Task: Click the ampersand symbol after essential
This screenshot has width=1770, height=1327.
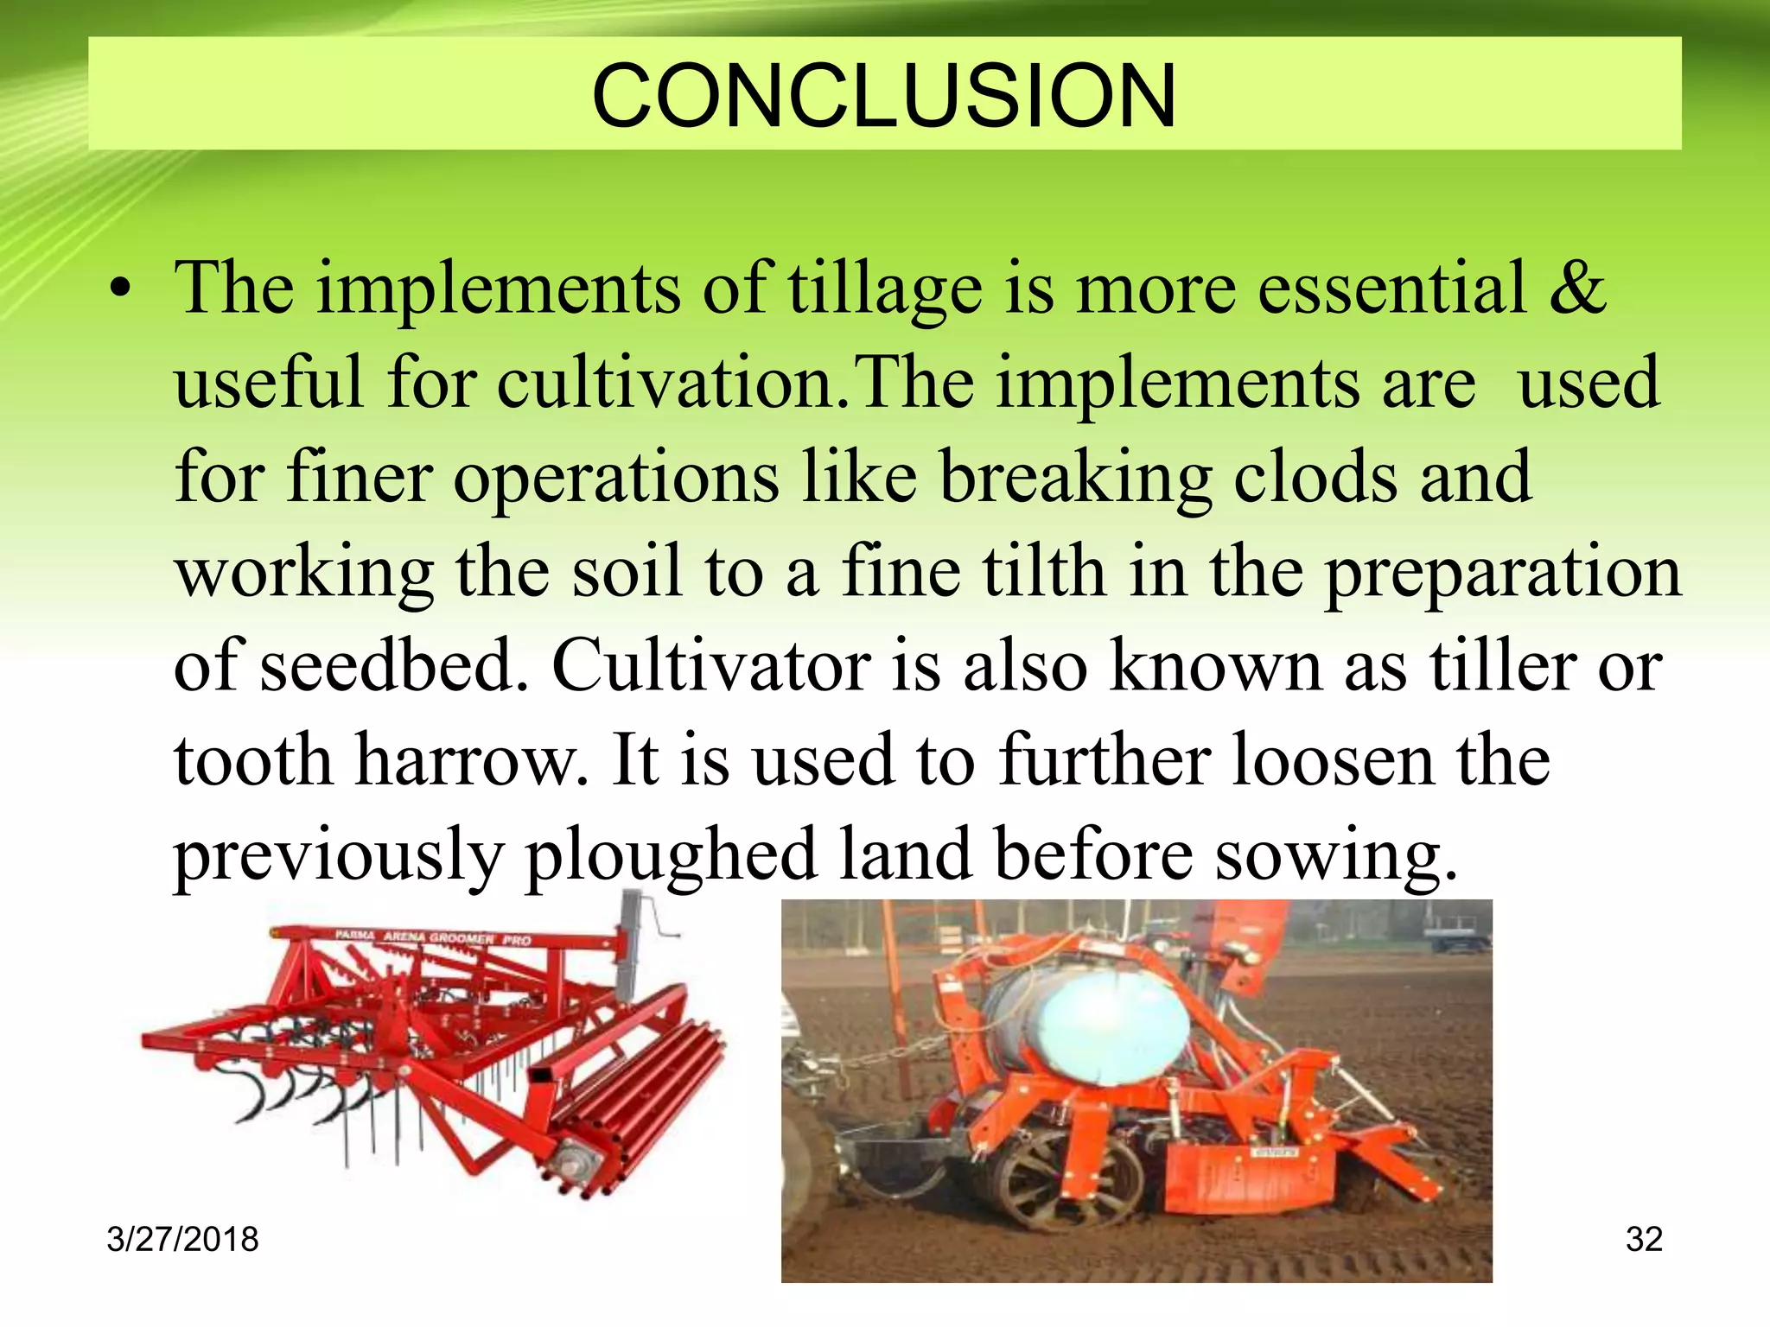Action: point(1576,288)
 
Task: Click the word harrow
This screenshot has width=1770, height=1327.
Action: point(471,761)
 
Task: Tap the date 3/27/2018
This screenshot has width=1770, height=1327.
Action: point(182,1239)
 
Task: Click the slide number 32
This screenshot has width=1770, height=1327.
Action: point(1643,1239)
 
